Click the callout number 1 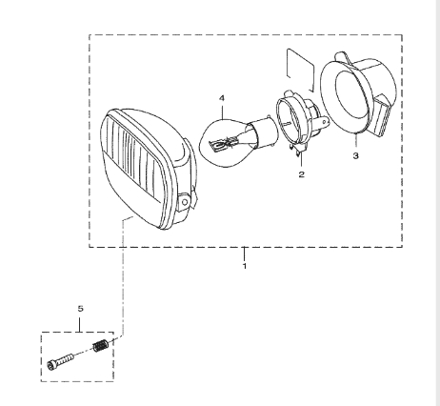244,266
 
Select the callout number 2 301,174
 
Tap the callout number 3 355,155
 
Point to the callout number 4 222,98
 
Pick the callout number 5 80,308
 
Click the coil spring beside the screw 101,346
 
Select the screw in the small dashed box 60,361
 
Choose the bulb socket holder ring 293,122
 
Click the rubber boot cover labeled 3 358,95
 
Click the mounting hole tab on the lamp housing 185,201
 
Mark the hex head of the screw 51,365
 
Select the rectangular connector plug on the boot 383,116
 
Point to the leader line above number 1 244,254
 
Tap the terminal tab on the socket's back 323,122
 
